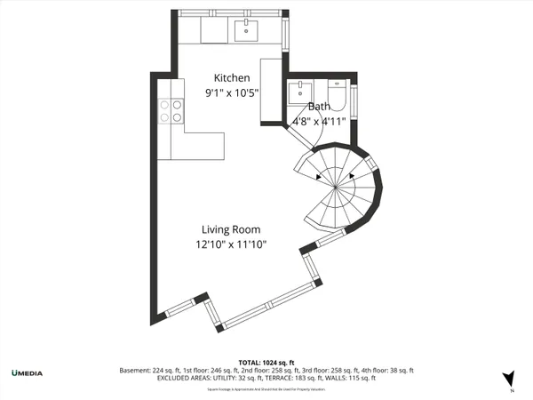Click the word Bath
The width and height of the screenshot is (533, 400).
click(319, 106)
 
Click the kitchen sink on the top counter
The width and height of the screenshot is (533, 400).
click(246, 32)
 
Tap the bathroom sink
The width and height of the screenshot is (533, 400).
click(300, 92)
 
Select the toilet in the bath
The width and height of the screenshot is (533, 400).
click(338, 92)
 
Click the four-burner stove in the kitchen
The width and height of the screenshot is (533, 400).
click(170, 111)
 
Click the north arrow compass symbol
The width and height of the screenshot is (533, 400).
click(509, 378)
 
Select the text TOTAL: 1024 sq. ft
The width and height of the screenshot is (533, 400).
click(266, 362)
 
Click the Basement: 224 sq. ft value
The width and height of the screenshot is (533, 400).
click(148, 370)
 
